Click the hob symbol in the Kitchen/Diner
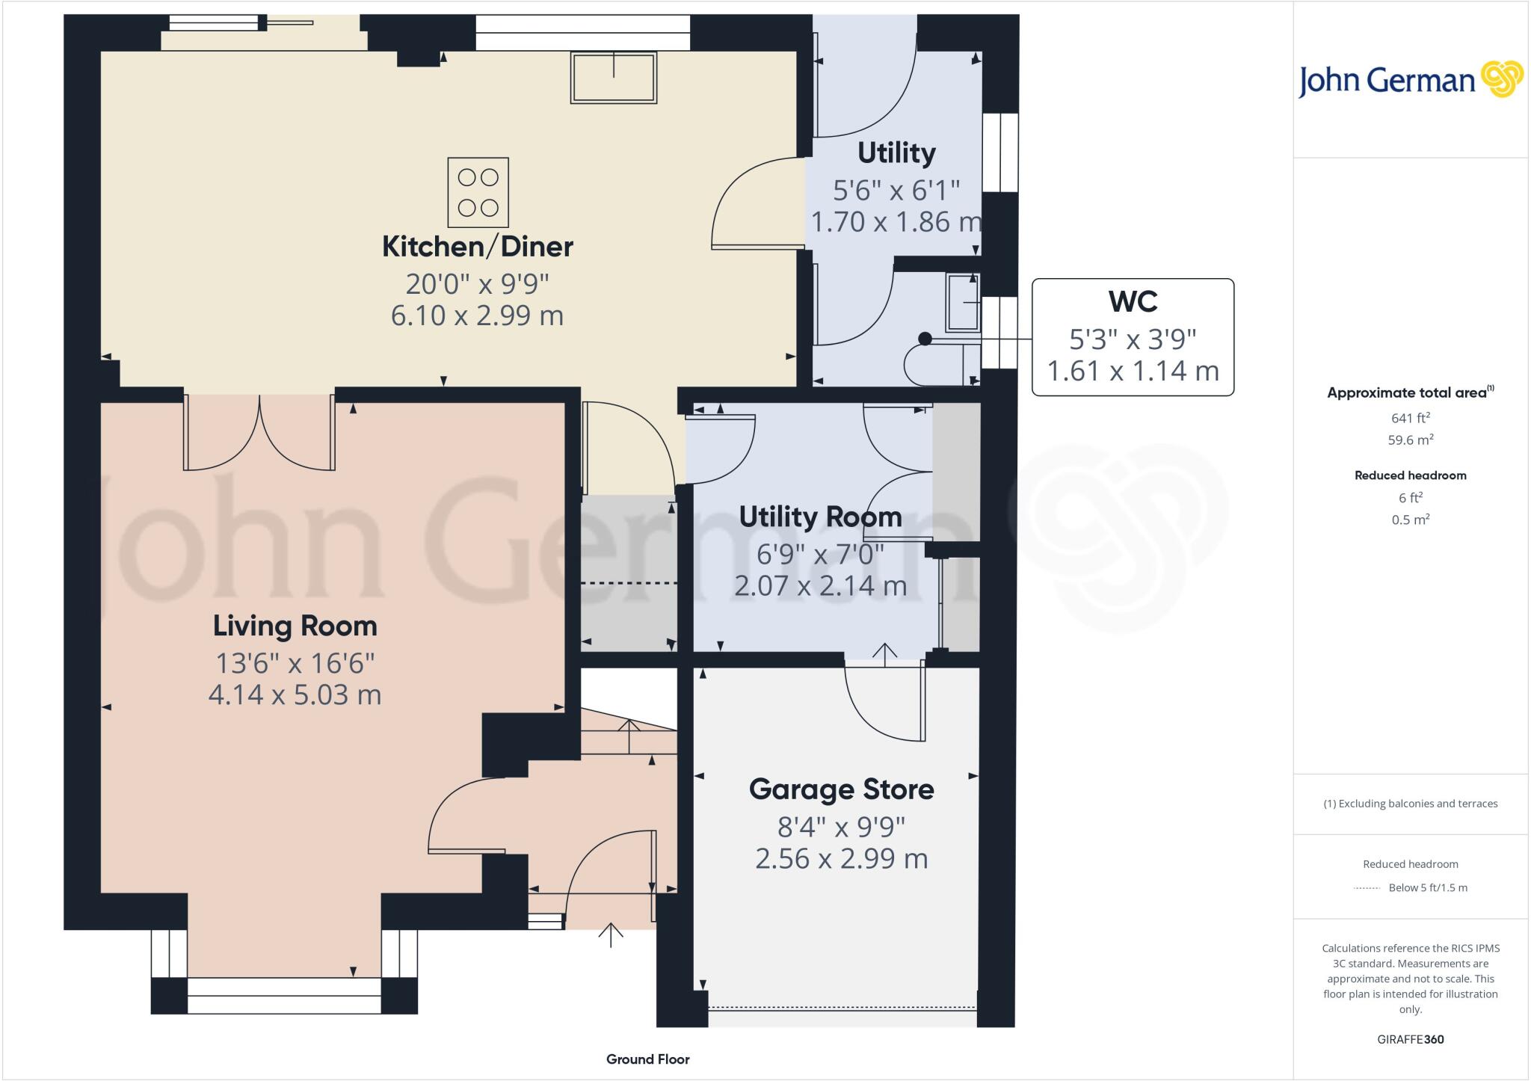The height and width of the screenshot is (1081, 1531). [478, 192]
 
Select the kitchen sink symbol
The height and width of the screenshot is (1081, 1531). [614, 78]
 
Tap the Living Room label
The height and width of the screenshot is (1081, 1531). [295, 626]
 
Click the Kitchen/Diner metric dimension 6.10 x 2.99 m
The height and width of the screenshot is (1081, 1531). [477, 315]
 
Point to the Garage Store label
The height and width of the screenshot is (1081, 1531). [841, 789]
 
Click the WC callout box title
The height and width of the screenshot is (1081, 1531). [1133, 301]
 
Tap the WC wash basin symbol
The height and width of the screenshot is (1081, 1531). [963, 303]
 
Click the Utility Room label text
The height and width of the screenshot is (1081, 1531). [820, 517]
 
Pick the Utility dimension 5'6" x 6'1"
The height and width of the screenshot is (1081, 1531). [896, 190]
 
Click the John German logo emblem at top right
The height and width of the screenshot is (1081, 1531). [1501, 79]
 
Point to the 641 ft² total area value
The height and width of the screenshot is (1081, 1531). [1410, 418]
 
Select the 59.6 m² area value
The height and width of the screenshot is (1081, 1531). [1410, 440]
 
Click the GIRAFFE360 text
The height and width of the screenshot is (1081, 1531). [1410, 1039]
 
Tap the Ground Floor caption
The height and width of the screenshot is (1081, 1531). [647, 1059]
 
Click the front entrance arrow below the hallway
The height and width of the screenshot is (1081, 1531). [611, 934]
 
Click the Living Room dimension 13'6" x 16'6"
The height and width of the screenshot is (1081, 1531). [295, 663]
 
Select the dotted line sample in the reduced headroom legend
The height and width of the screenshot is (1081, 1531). [1367, 888]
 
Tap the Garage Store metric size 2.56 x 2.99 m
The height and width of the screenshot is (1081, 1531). [841, 859]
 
